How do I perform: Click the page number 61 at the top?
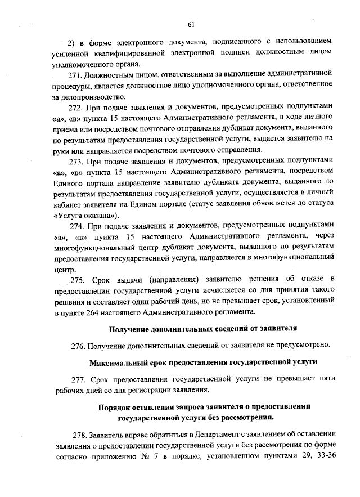click(191, 23)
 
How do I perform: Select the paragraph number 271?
click(76, 74)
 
